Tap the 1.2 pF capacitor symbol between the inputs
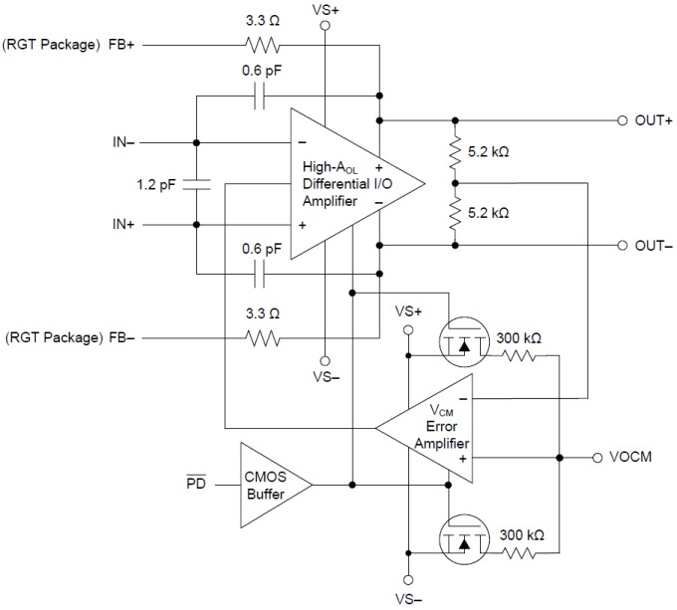coord(197,183)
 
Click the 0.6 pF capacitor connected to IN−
coord(261,96)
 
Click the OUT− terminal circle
coord(621,245)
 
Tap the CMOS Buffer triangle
coord(269,485)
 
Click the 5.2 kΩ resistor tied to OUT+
coord(455,152)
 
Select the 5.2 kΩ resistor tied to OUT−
coord(455,214)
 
